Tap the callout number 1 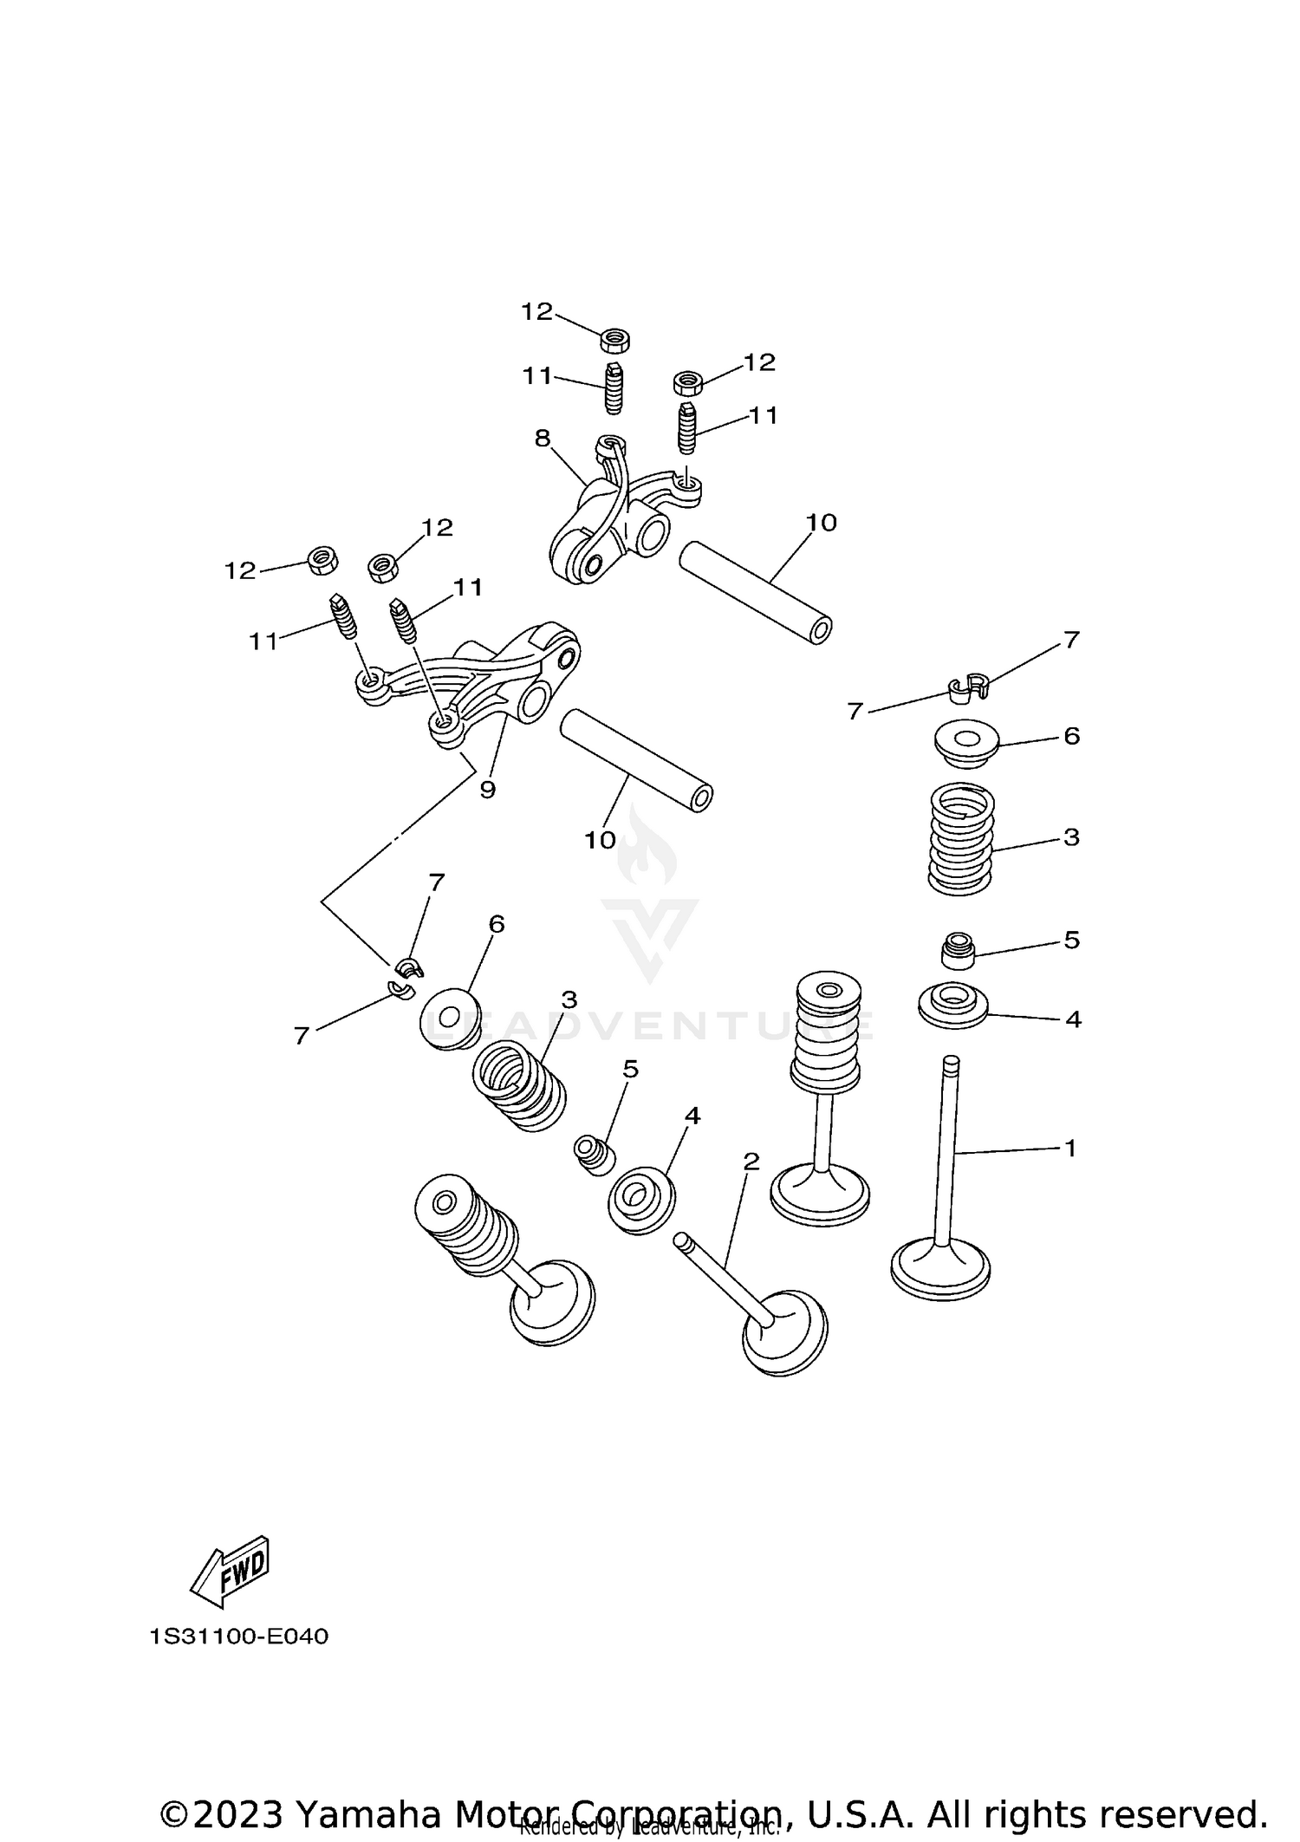click(x=1070, y=1149)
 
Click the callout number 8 click(x=543, y=439)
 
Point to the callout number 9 click(x=487, y=790)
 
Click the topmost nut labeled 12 click(x=614, y=340)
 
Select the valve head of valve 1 click(x=940, y=1272)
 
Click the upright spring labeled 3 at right click(x=960, y=838)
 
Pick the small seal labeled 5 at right click(x=959, y=950)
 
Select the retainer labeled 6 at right click(x=966, y=744)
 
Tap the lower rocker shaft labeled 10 click(x=637, y=760)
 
